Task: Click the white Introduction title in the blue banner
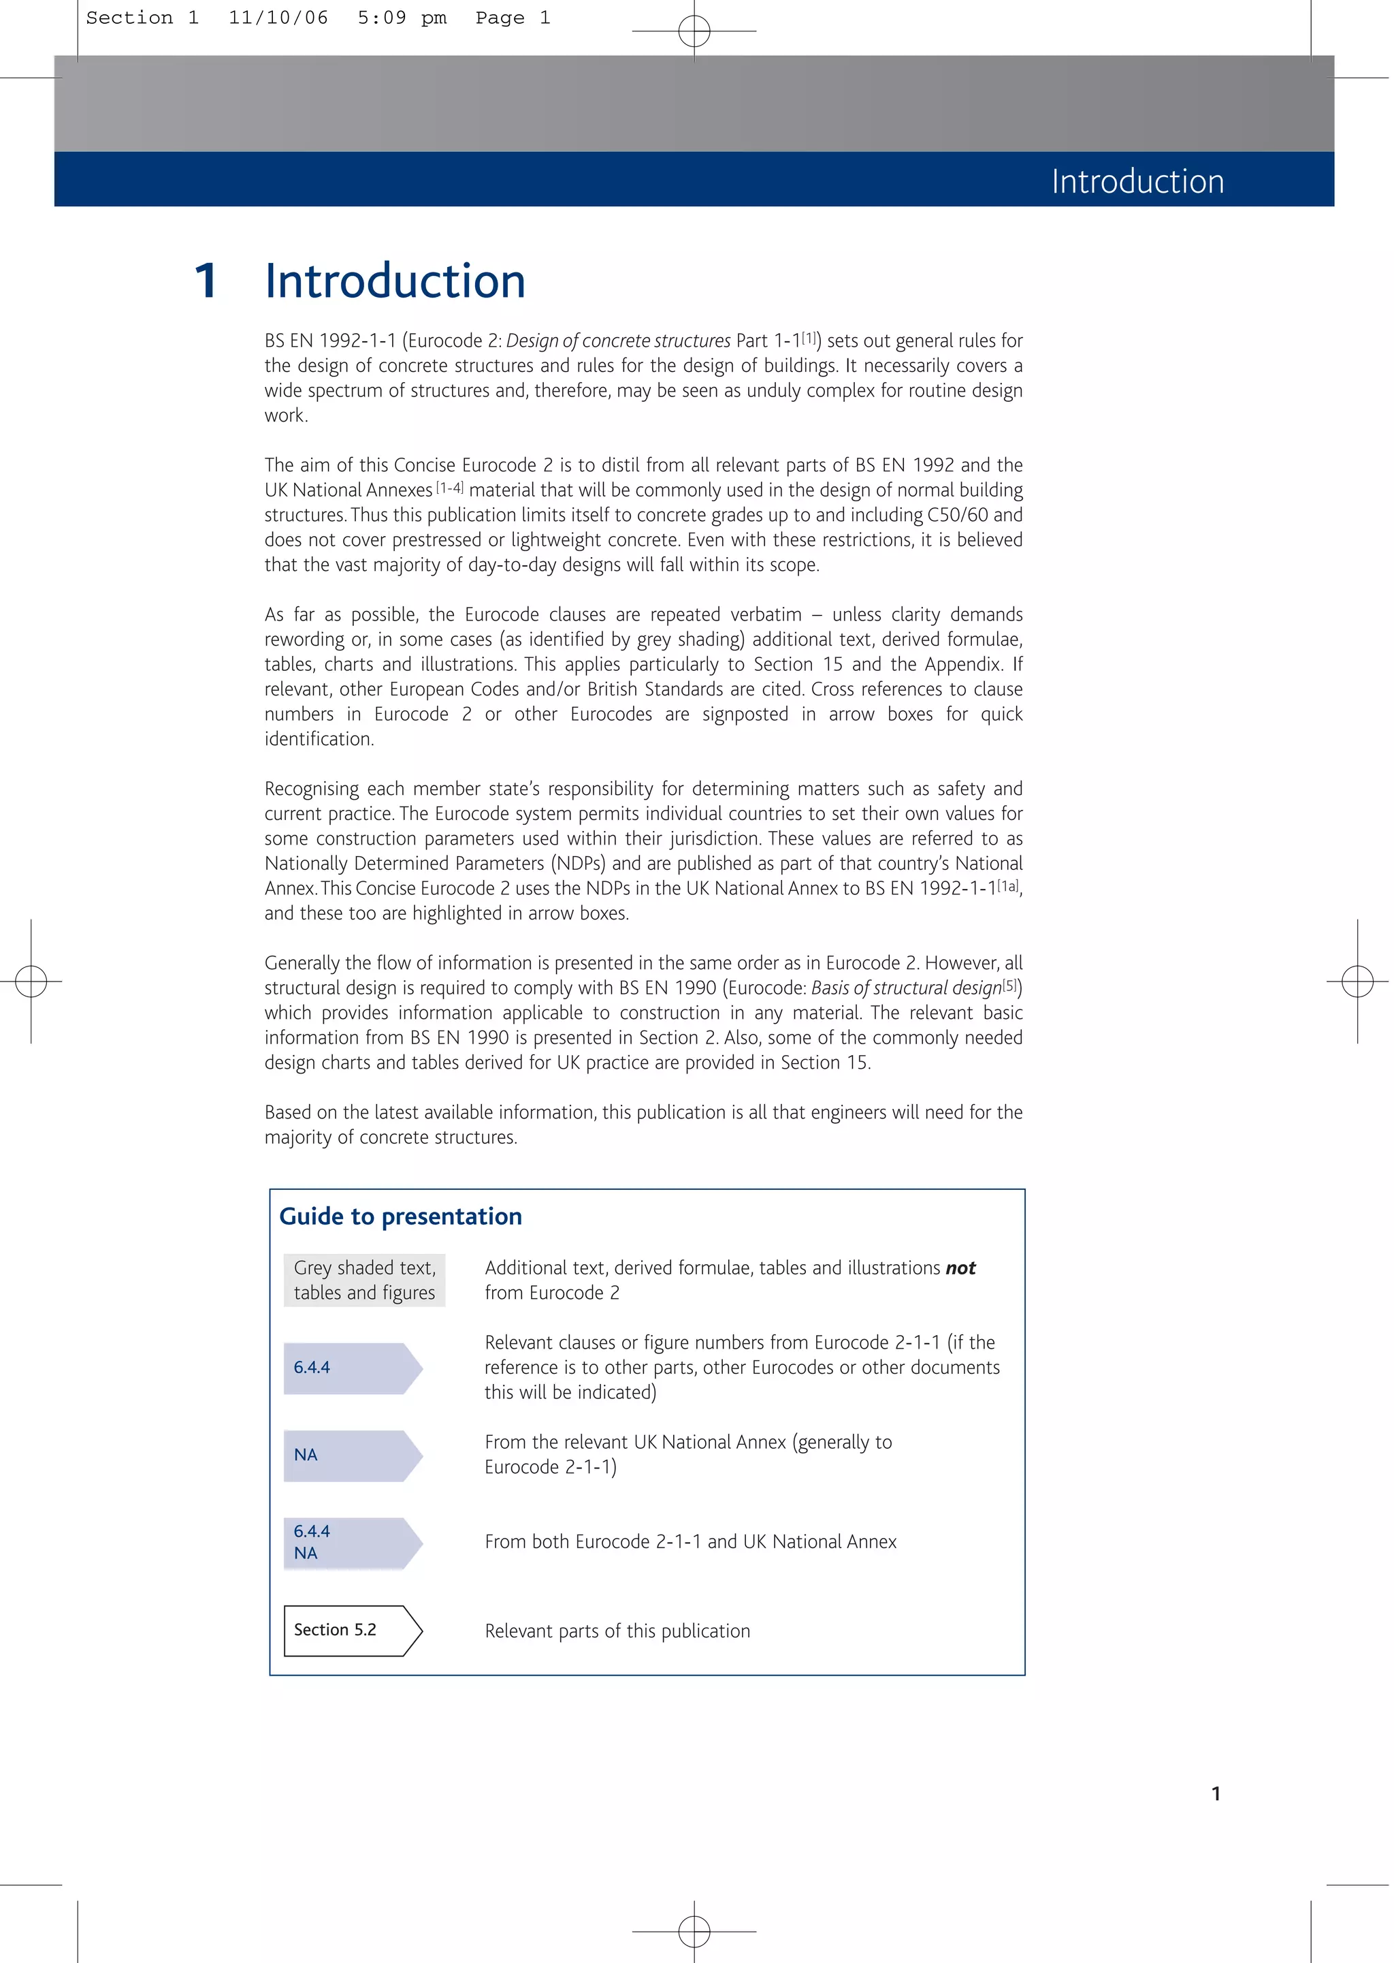click(x=1137, y=181)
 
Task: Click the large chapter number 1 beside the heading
click(x=206, y=282)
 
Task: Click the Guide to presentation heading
click(x=400, y=1216)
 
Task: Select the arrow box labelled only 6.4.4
click(x=351, y=1368)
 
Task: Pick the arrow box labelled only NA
click(x=351, y=1456)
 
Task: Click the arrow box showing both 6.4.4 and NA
click(x=351, y=1543)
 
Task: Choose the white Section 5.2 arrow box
click(x=351, y=1630)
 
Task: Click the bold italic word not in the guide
click(x=960, y=1268)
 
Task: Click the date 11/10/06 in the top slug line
click(x=278, y=18)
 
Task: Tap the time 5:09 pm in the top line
click(x=402, y=18)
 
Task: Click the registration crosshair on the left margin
click(x=31, y=981)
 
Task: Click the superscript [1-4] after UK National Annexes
click(x=450, y=488)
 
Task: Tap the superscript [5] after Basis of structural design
click(x=1011, y=986)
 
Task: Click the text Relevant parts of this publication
click(x=617, y=1631)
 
